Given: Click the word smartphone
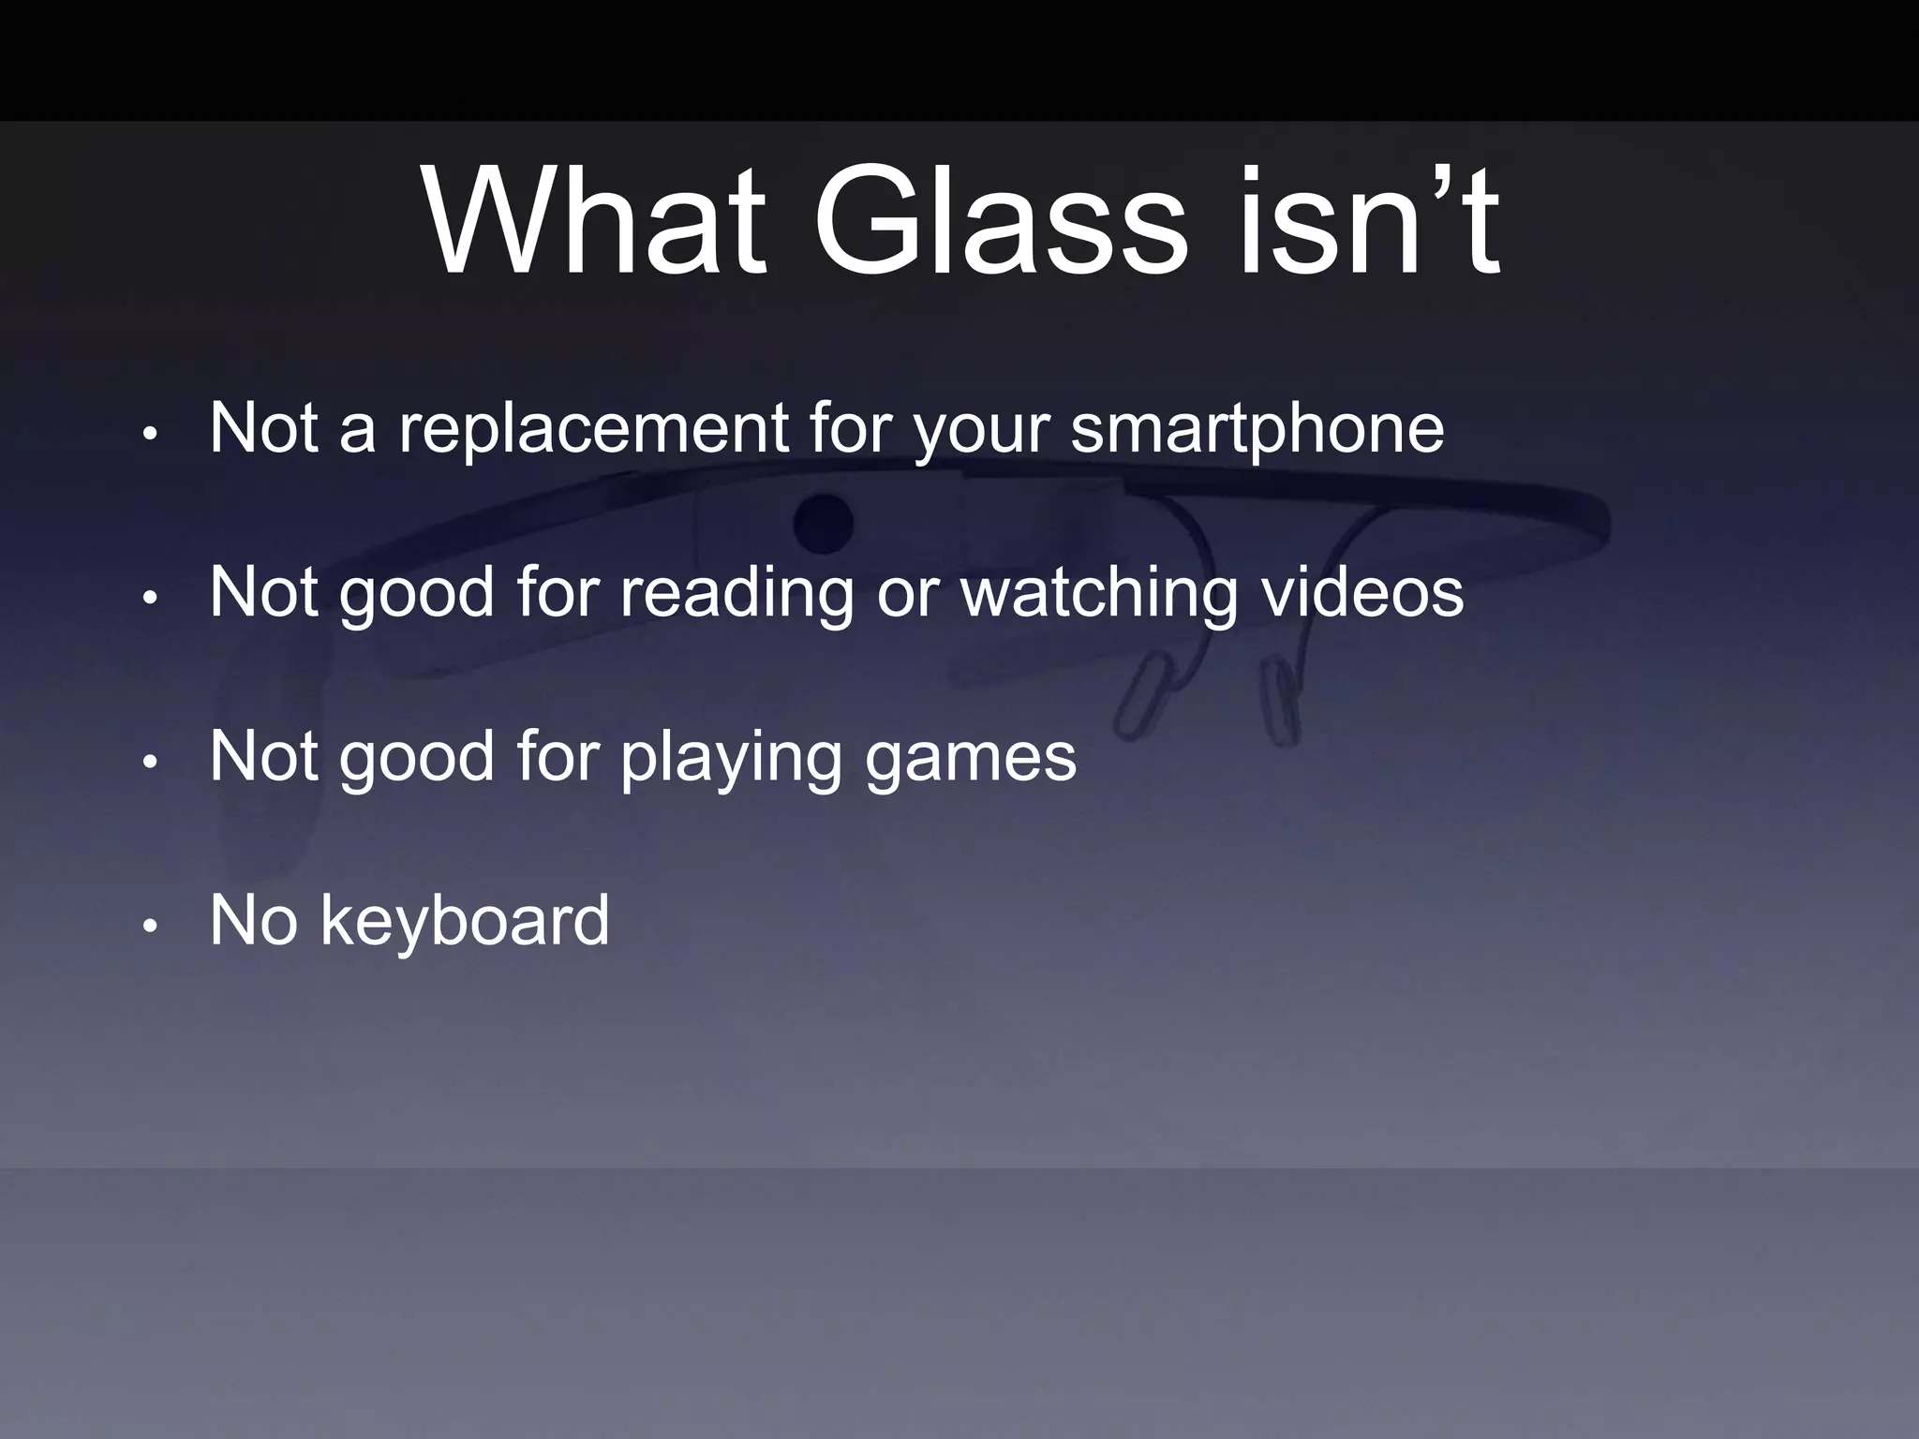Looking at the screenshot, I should (1257, 429).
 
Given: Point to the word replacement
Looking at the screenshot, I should (593, 429).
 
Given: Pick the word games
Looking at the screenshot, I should (970, 757).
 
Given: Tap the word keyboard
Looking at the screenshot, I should (465, 920).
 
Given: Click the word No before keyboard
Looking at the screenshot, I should (253, 920).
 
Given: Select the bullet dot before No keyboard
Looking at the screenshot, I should (148, 927).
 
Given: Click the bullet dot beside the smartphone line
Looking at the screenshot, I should (148, 435).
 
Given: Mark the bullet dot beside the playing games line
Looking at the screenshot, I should (148, 763).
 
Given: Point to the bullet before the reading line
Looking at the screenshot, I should (148, 599).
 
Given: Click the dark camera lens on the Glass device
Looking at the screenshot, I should (824, 522).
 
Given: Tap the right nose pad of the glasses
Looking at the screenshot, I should (1278, 703).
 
